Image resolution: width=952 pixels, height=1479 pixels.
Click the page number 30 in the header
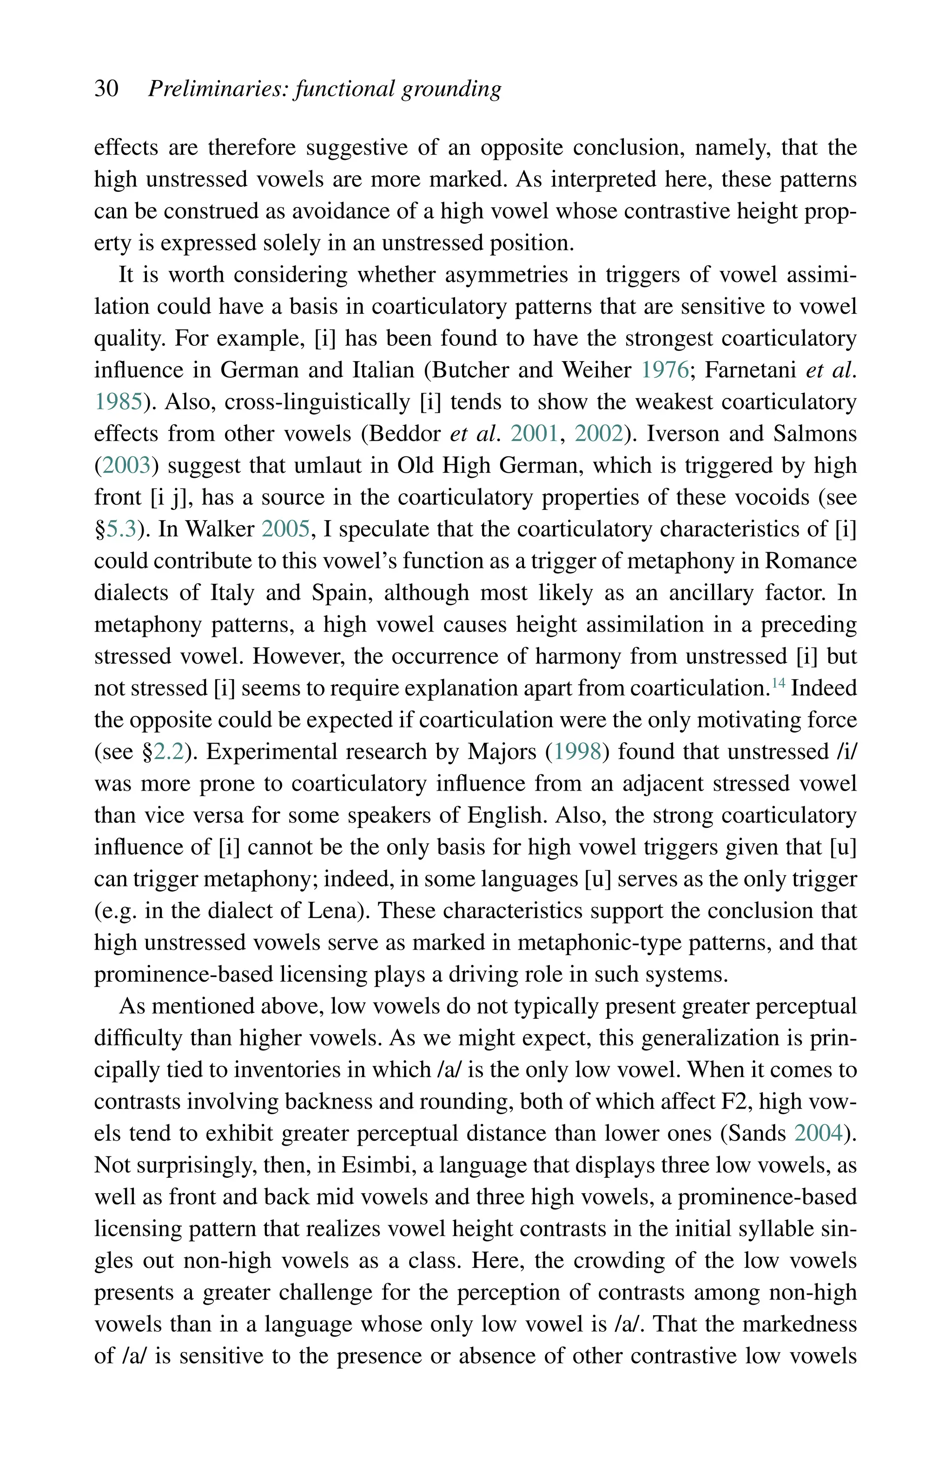106,88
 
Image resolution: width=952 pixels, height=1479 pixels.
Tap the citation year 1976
665,370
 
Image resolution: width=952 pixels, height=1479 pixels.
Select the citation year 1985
119,403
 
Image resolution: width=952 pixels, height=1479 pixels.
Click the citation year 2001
534,434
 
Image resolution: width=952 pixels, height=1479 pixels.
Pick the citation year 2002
598,434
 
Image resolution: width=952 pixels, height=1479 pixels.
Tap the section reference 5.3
121,529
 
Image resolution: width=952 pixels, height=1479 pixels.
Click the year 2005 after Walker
285,529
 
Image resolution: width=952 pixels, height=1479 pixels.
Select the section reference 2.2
168,752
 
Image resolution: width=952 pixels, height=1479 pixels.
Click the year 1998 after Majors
577,752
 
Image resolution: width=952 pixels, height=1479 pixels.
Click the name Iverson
683,434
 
